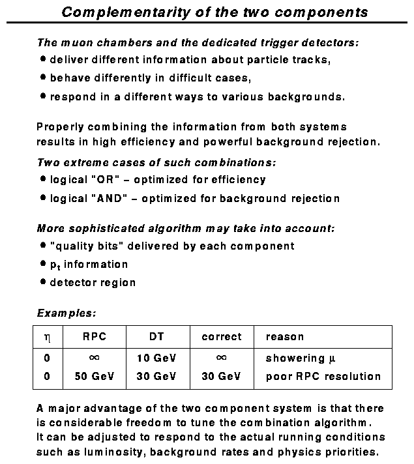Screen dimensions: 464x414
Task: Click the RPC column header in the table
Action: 94,337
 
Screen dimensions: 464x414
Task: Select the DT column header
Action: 156,337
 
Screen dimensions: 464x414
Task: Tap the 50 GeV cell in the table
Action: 94,376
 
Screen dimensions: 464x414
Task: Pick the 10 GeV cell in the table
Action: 156,358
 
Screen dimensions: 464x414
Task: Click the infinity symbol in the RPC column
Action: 94,358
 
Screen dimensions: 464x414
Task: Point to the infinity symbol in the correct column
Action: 221,358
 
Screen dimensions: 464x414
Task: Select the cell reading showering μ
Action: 304,358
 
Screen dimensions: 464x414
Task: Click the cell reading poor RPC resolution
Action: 323,376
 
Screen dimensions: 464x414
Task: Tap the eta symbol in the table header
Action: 46,338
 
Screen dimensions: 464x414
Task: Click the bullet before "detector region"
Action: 42,282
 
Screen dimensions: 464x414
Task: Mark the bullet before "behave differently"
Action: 42,77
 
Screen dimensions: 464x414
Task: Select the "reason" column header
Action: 285,337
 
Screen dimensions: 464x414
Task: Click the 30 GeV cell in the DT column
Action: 156,376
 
